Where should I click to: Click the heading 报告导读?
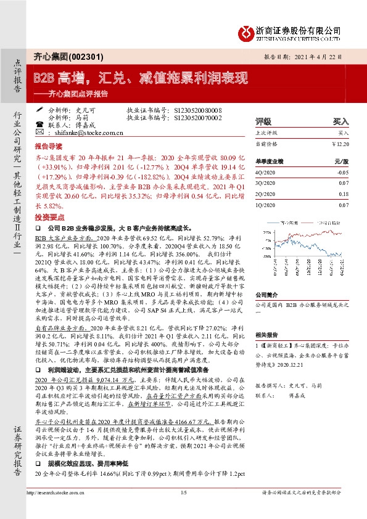48,148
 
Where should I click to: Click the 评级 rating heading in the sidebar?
264,121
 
